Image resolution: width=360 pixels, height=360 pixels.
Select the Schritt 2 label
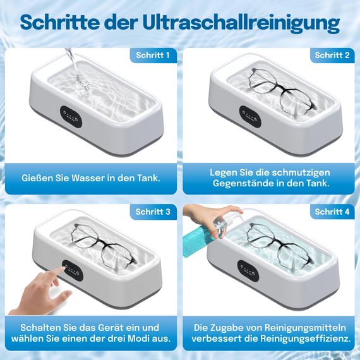point(332,56)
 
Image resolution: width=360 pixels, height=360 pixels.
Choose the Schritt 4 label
point(332,212)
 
